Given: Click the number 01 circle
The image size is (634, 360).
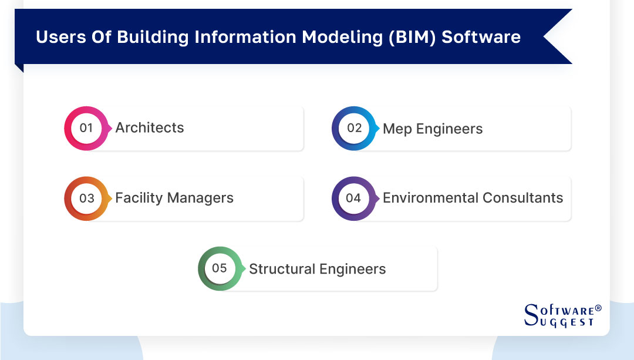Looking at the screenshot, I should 86,128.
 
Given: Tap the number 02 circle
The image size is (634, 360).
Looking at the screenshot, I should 354,128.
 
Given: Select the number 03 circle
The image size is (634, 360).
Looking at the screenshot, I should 86,198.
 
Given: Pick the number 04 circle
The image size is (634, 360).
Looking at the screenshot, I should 354,198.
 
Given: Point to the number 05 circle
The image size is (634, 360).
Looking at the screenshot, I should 220,268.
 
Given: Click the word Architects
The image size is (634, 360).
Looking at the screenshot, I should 150,128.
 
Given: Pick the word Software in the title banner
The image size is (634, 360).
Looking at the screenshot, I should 481,37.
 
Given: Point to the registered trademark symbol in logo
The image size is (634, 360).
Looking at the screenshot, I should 598,308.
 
